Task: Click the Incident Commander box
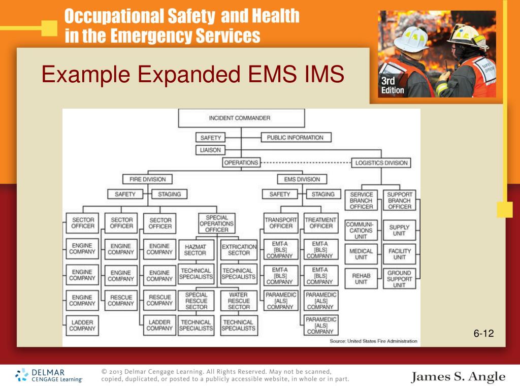[241, 118]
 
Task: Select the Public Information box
[296, 138]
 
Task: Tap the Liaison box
[210, 150]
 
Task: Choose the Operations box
[241, 163]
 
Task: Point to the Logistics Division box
[381, 163]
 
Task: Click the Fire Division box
[147, 179]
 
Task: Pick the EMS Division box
[302, 179]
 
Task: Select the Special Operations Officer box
[216, 223]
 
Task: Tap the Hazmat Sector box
[196, 249]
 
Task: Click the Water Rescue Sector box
[239, 301]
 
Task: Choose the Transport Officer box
[280, 223]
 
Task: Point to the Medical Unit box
[361, 254]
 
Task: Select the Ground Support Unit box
[399, 279]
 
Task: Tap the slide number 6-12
[483, 333]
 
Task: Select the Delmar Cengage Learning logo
[49, 375]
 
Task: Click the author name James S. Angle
[458, 377]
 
